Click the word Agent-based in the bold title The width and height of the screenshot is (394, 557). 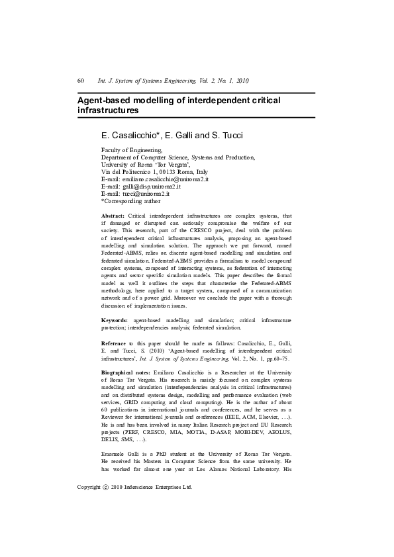(x=104, y=100)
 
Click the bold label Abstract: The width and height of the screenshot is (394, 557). (x=113, y=216)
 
